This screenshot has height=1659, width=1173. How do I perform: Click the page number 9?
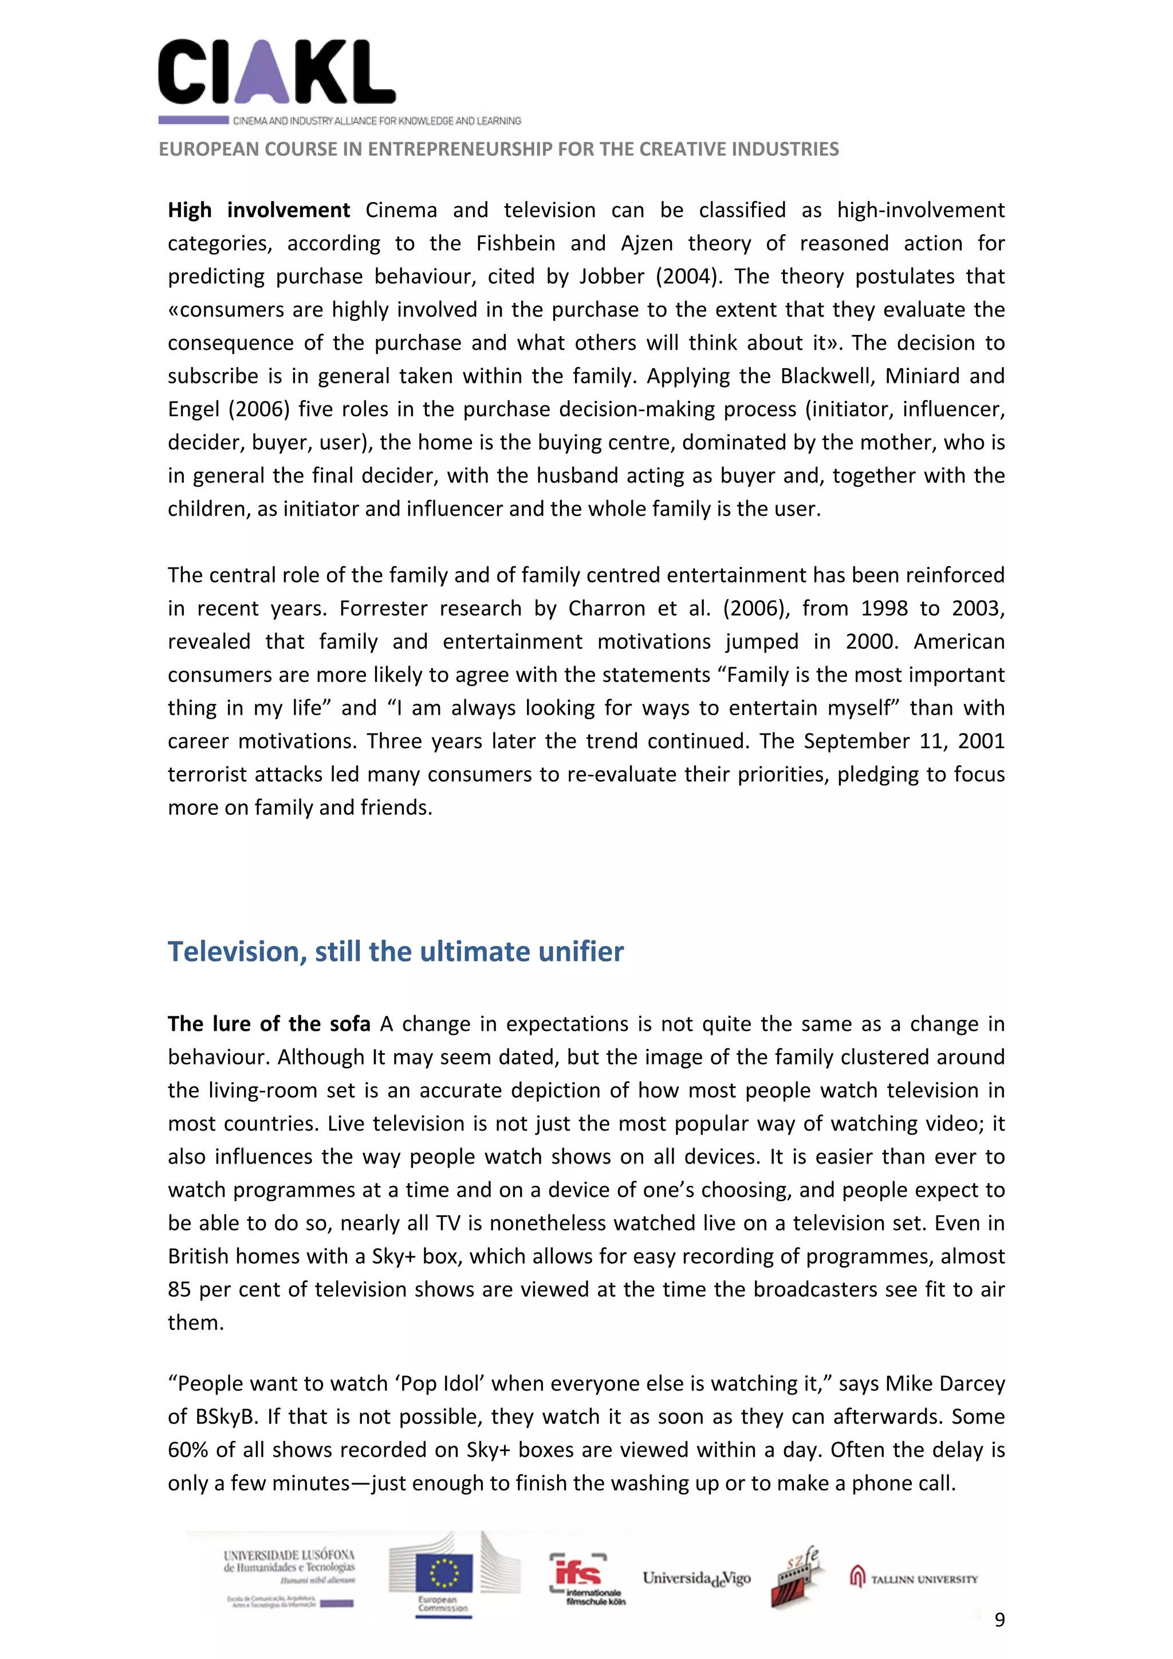coord(999,1619)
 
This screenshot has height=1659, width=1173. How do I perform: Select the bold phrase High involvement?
coord(259,210)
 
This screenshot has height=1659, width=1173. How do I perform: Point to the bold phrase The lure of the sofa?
coord(269,1024)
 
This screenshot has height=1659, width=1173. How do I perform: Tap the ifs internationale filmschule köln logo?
coord(587,1579)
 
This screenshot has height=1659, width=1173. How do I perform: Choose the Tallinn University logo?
coord(914,1579)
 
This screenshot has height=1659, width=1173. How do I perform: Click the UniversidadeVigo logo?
coord(696,1579)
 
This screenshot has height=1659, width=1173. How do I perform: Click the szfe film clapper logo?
coord(794,1577)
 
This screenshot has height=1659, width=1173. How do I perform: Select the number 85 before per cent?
coord(179,1290)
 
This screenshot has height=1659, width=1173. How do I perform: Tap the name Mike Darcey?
coord(944,1384)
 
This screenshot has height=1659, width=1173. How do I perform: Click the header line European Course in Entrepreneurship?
coord(499,149)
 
